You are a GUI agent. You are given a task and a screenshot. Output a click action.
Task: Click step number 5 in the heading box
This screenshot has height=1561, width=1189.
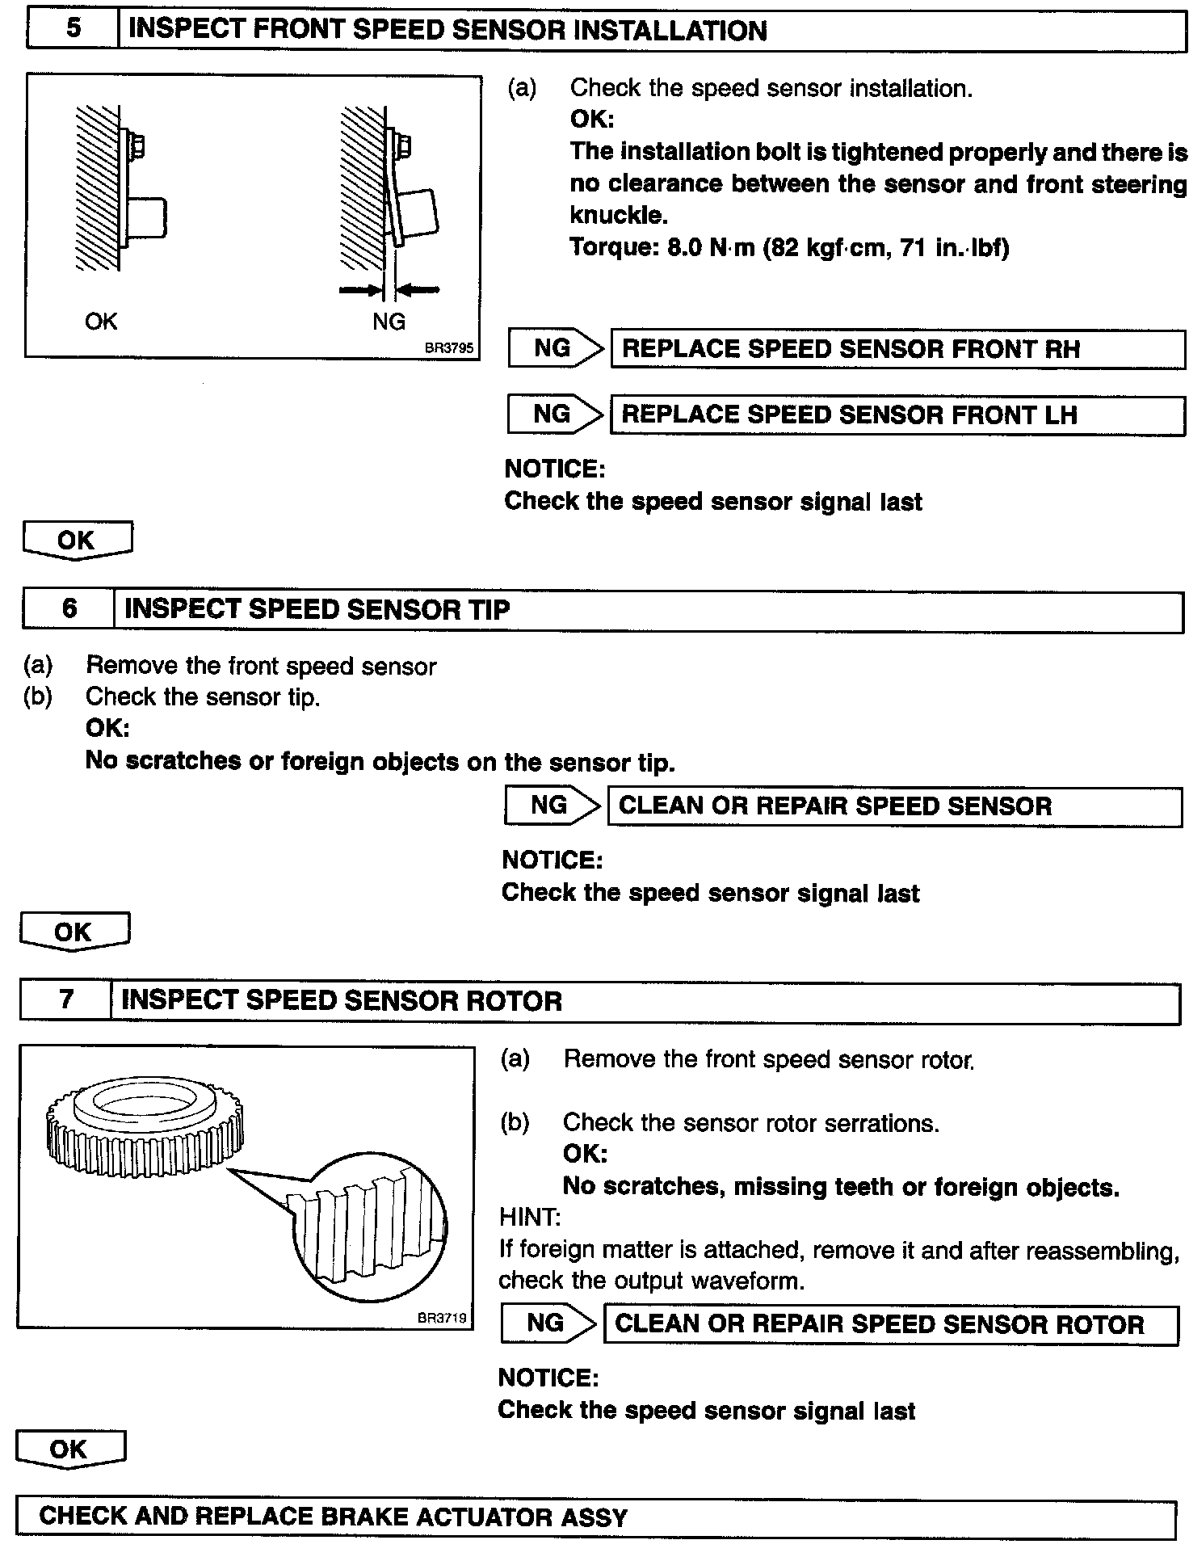[x=73, y=30]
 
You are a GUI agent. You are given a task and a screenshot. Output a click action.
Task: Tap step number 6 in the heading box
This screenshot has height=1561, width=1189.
[x=69, y=608]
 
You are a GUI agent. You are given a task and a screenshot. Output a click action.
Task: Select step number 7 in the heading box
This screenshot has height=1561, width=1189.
[x=66, y=1000]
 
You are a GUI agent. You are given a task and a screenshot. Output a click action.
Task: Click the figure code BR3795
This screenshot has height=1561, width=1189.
[x=448, y=349]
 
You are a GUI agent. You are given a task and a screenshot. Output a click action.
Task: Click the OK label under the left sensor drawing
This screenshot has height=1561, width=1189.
[x=101, y=322]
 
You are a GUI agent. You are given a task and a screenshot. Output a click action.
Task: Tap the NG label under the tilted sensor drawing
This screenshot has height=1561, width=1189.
[x=389, y=322]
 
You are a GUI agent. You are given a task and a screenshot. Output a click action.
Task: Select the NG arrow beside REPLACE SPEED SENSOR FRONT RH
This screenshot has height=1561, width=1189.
[x=556, y=348]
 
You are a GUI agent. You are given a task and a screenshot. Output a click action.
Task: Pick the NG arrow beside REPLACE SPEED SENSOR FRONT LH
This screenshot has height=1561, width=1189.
[x=556, y=414]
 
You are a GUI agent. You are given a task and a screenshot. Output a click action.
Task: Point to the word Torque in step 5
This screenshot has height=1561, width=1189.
[x=611, y=246]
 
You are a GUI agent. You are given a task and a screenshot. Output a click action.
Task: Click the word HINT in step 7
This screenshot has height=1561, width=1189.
[x=530, y=1217]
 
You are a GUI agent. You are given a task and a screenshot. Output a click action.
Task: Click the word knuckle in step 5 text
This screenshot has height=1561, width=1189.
[x=619, y=215]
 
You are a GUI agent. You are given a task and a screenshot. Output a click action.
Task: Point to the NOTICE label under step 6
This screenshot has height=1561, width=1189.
[x=552, y=860]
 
